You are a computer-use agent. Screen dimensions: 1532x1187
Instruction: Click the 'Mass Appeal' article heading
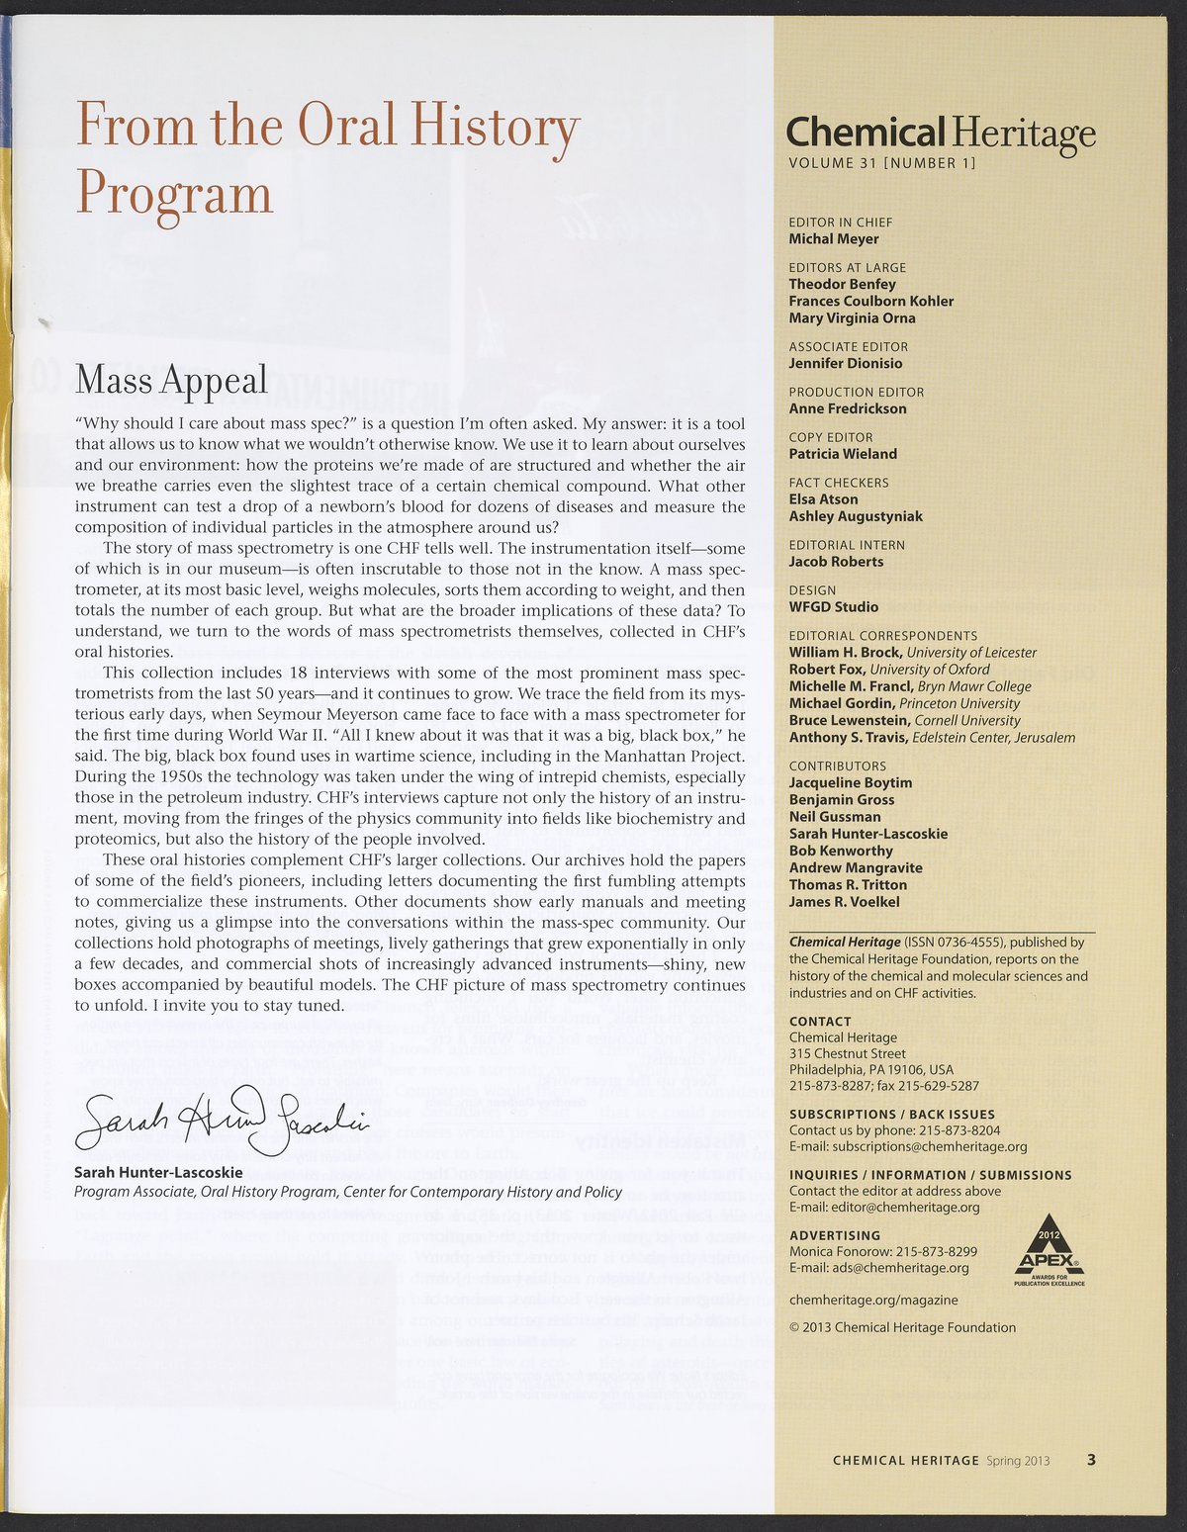click(171, 379)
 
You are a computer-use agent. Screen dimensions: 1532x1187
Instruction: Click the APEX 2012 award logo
click(1050, 1256)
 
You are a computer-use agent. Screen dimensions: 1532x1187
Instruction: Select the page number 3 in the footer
click(1091, 1460)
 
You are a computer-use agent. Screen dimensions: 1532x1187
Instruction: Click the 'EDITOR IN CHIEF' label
click(840, 223)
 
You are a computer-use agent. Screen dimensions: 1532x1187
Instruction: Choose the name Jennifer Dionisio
click(846, 363)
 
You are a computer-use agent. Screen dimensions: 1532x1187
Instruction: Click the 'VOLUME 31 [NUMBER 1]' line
click(881, 163)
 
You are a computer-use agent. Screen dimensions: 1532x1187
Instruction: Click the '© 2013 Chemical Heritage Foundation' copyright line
click(902, 1327)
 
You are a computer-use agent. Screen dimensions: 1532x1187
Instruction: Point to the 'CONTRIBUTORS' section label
click(837, 766)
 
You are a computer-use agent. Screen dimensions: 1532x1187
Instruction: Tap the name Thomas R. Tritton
click(848, 884)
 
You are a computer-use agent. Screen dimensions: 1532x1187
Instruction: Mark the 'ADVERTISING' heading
click(835, 1235)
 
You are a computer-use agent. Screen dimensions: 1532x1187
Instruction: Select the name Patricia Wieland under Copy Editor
click(843, 454)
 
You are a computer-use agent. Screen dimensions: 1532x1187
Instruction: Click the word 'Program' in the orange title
click(174, 192)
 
